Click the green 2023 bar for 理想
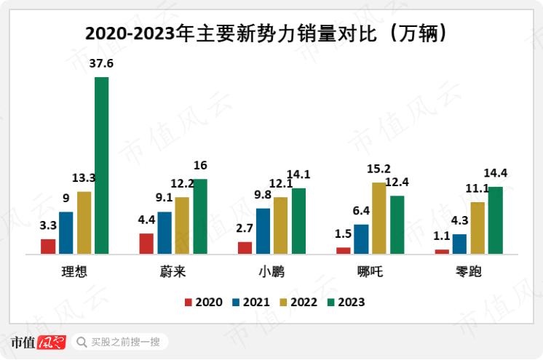[101, 165]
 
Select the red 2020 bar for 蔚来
[146, 244]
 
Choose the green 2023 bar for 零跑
[495, 220]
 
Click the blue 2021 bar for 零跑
[459, 244]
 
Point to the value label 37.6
[101, 64]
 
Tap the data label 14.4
[496, 173]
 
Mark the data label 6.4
[361, 212]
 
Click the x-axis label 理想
[74, 273]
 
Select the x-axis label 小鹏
[271, 273]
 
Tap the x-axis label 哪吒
[370, 273]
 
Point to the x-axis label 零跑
[468, 273]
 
